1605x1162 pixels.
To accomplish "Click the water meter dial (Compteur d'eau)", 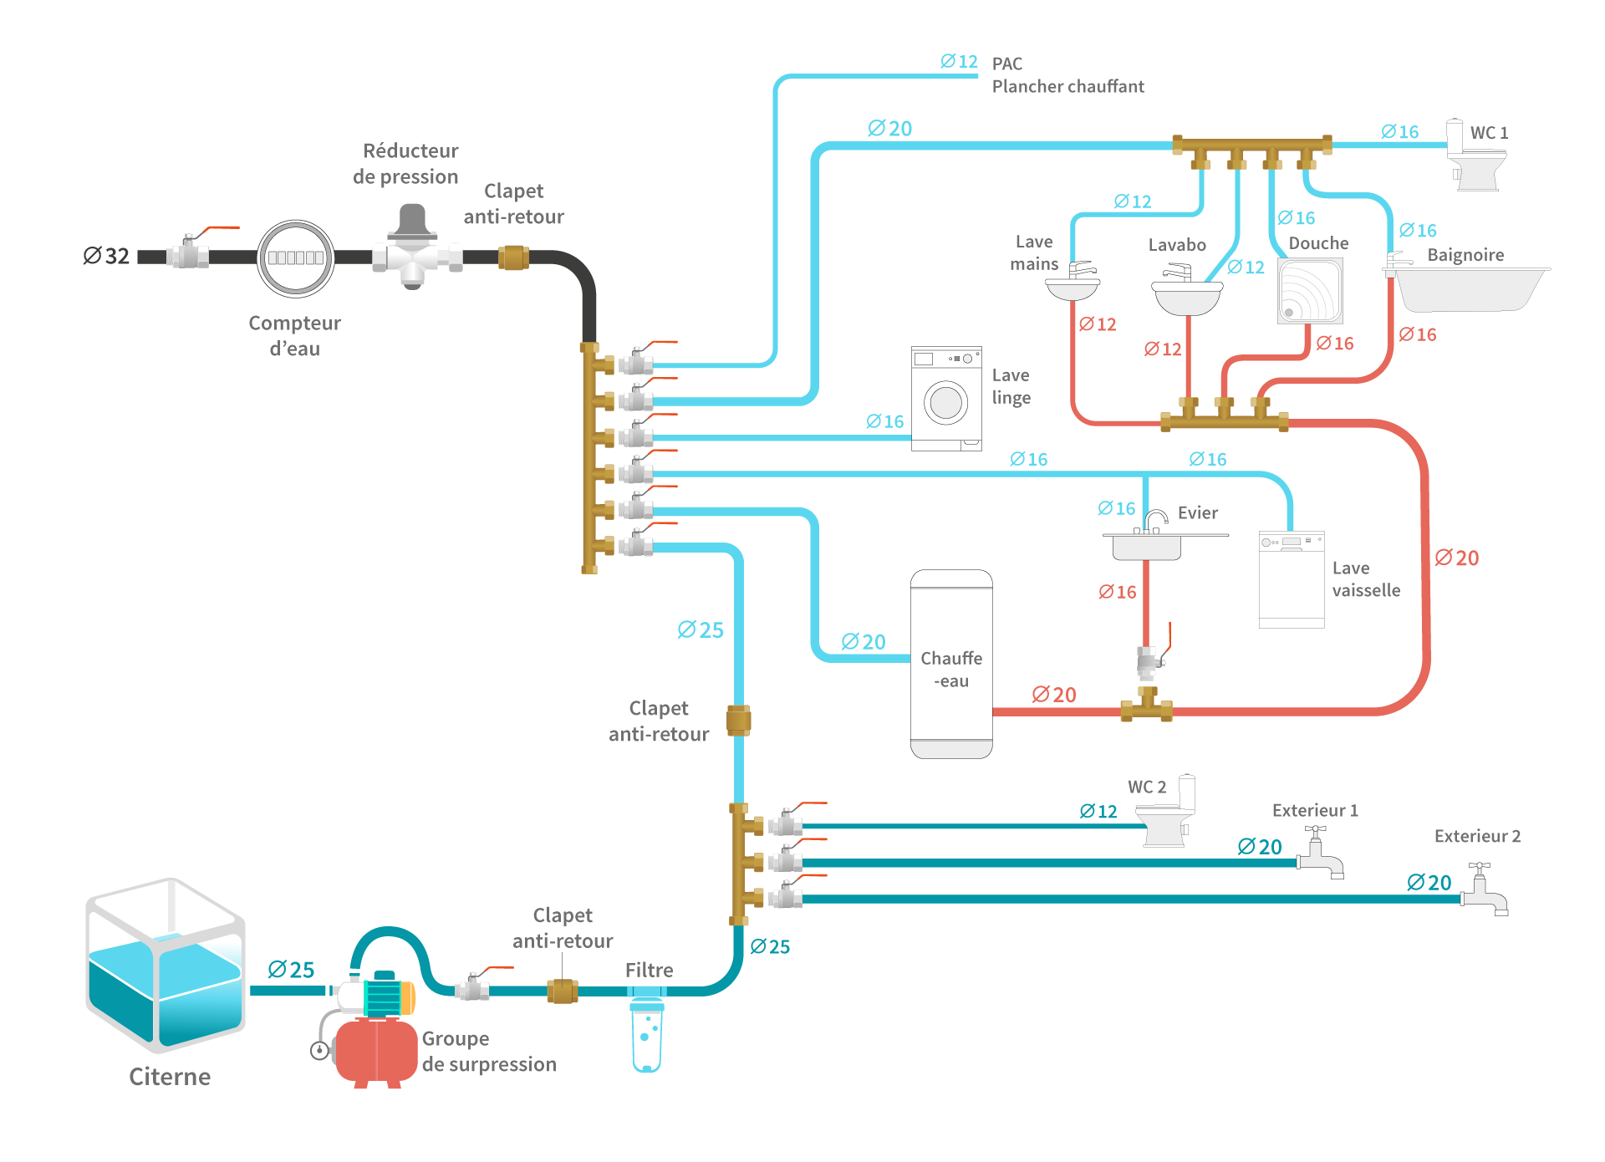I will point(296,258).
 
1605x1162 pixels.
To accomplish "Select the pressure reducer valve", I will point(413,249).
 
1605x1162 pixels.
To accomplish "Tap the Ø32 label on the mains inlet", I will point(106,256).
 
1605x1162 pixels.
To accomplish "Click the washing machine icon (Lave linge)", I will point(946,399).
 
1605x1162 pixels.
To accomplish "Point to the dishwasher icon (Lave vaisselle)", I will point(1292,578).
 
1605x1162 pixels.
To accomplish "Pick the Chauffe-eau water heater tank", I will point(951,665).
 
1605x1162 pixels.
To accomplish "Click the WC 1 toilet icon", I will point(1477,157).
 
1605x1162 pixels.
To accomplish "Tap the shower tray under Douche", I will point(1310,291).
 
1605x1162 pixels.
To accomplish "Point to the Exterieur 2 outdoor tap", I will point(1485,892).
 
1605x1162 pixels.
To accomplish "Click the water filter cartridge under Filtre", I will point(647,1036).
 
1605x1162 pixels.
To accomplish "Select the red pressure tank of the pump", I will point(375,1052).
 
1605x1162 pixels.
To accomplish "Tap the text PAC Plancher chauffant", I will point(1067,75).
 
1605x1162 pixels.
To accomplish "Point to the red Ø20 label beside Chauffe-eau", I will point(1053,695).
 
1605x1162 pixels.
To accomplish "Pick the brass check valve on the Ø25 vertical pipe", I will point(738,720).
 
